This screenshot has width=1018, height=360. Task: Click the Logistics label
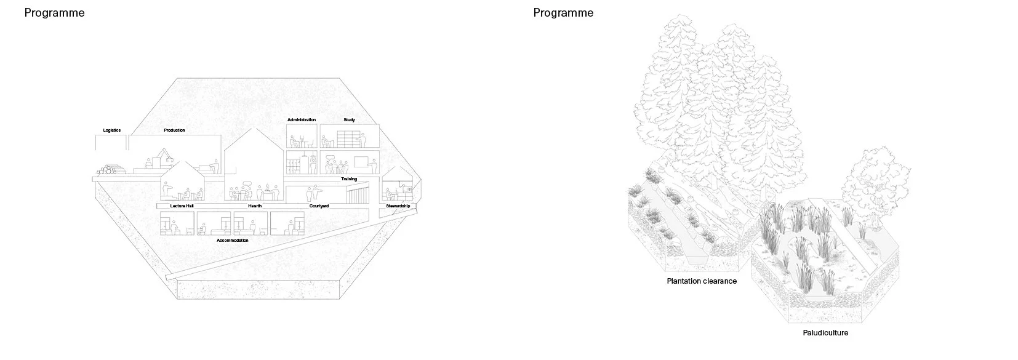coord(112,130)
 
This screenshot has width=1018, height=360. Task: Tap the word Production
coord(175,130)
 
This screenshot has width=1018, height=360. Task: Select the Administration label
coord(302,120)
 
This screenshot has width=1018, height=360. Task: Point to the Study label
coord(349,120)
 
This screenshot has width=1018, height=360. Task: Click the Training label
coord(349,179)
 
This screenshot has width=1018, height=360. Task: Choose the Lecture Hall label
coord(182,206)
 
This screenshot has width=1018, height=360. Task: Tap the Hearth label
coord(255,206)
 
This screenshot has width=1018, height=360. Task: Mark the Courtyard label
coord(319,206)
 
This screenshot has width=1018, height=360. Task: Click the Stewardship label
coord(398,206)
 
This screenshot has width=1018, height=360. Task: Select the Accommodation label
coord(232,241)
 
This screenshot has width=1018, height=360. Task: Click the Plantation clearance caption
coord(702,281)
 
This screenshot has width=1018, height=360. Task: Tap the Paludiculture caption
coord(825,333)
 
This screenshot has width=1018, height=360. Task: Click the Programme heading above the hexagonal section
coord(55,13)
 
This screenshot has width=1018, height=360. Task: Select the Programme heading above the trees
coord(564,13)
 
